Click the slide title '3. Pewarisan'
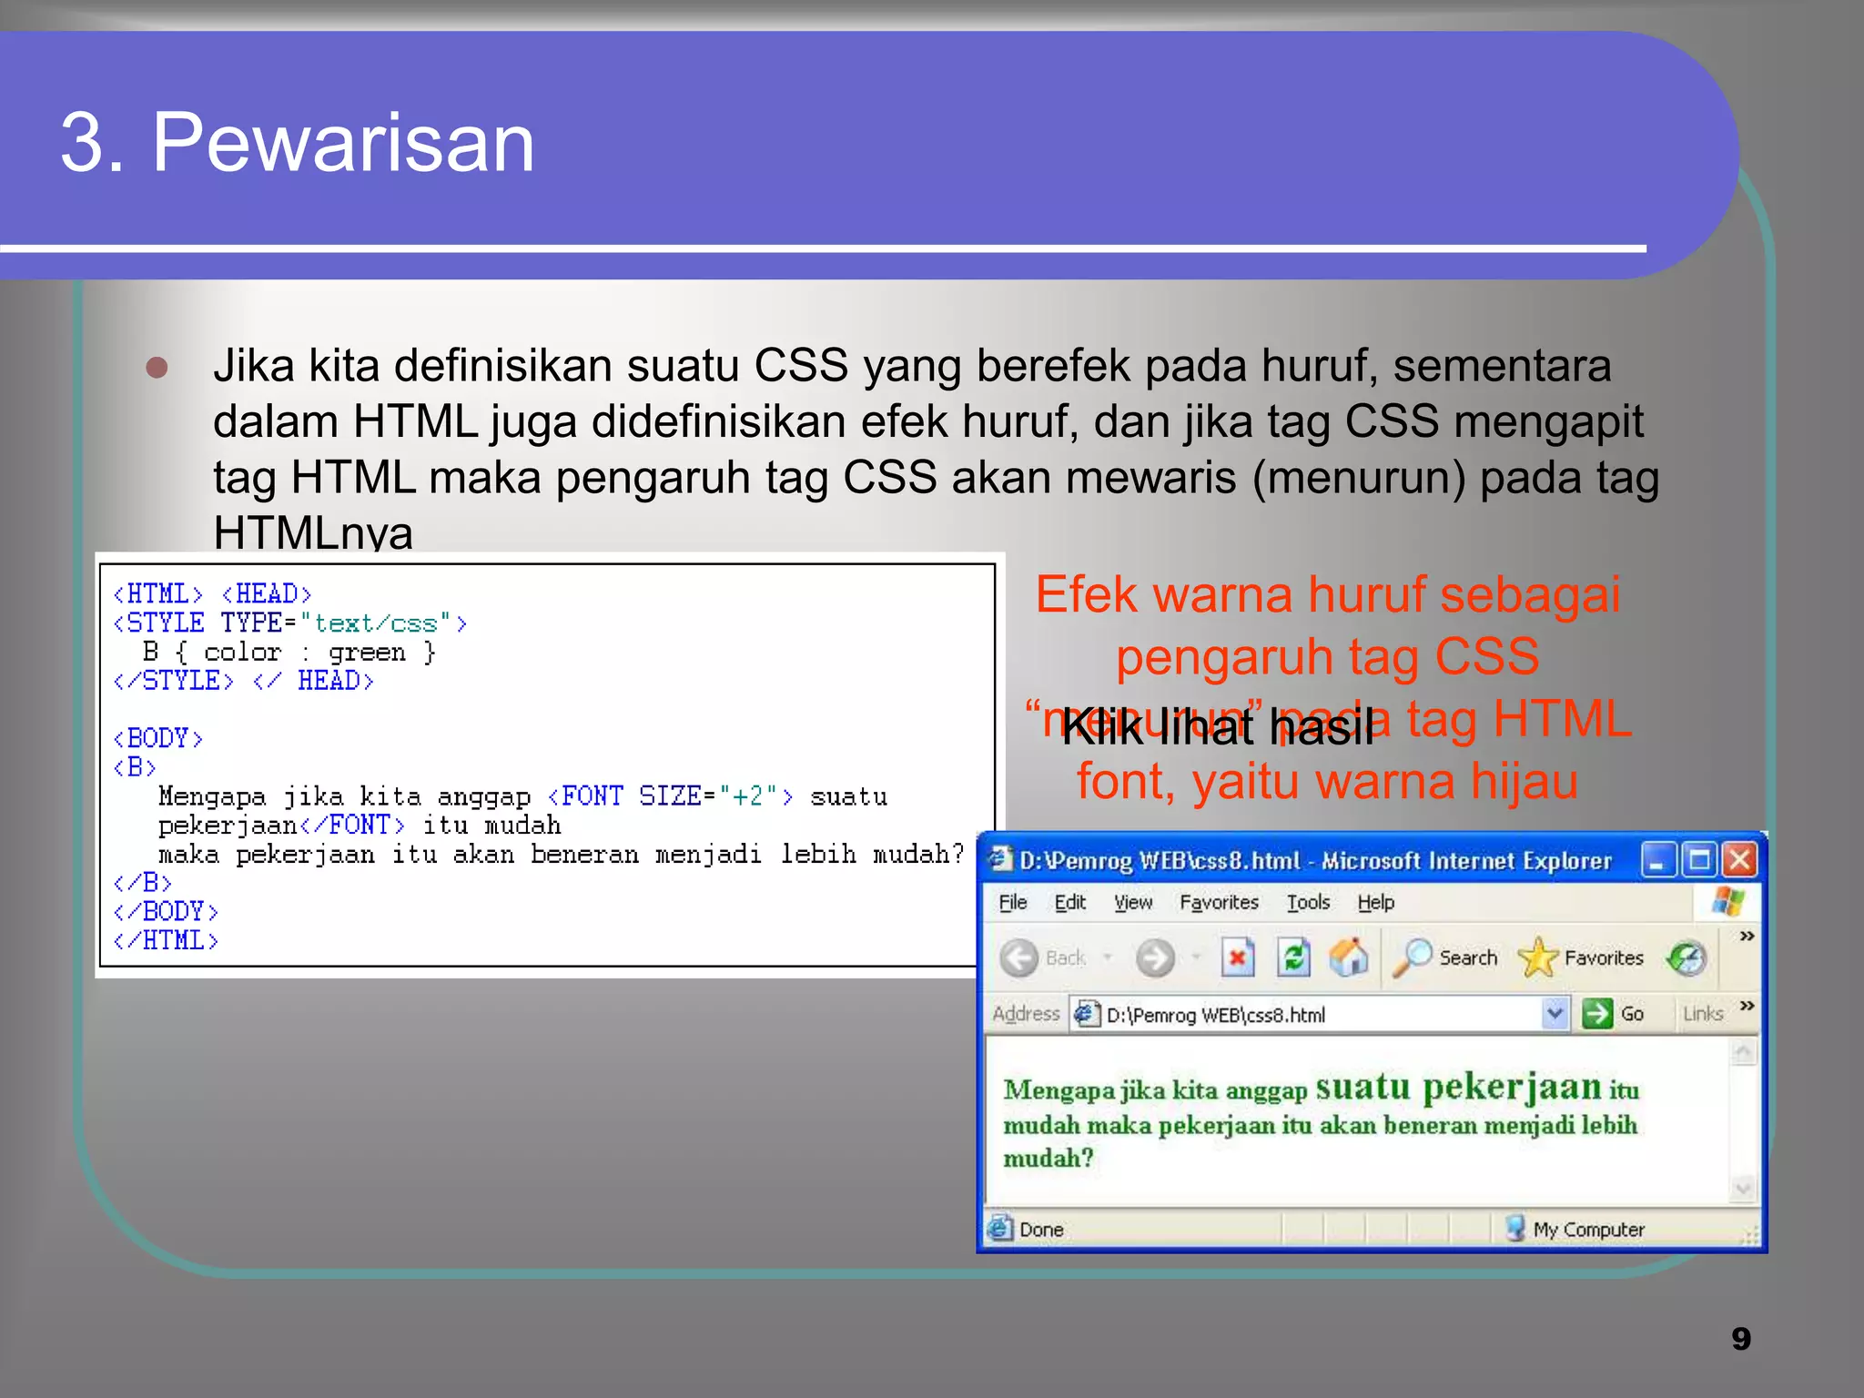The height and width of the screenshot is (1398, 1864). [x=298, y=142]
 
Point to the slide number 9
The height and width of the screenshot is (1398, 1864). [x=1740, y=1339]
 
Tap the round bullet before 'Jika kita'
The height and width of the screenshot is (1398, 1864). [x=157, y=367]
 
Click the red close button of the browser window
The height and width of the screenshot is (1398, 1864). [x=1740, y=860]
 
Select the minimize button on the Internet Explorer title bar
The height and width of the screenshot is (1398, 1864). [x=1657, y=860]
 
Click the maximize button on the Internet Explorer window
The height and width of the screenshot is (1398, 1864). [x=1698, y=860]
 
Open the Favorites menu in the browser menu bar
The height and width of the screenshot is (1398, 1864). [x=1219, y=902]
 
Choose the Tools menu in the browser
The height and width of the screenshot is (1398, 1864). [x=1308, y=902]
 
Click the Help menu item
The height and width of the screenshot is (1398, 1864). [x=1375, y=902]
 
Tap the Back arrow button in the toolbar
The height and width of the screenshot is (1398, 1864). [x=1019, y=957]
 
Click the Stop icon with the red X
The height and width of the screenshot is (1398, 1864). [x=1237, y=957]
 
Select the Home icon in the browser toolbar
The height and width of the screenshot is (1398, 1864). [x=1349, y=957]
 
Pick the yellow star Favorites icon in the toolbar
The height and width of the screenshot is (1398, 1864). [x=1538, y=957]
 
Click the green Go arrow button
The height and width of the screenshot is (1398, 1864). [x=1597, y=1014]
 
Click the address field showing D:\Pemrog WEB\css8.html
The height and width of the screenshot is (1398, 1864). [x=1311, y=1015]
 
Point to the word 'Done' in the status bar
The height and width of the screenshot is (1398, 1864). [x=1041, y=1230]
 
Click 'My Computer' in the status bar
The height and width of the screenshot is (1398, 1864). [x=1588, y=1230]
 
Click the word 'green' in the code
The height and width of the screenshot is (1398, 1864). [x=367, y=653]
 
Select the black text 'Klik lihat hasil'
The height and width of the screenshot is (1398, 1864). [x=1218, y=727]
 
